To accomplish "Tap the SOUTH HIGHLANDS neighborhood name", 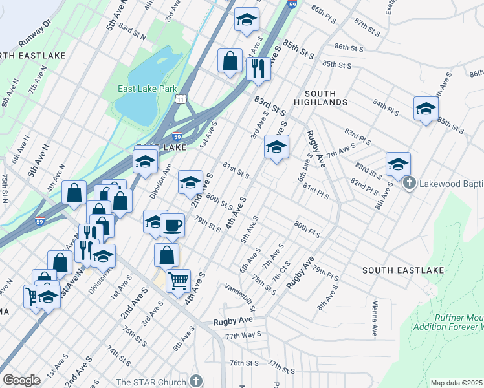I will [321, 97].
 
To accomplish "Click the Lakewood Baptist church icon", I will [409, 184].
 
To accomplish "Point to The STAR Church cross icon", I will [197, 382].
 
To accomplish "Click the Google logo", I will [21, 380].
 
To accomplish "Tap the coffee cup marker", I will [172, 225].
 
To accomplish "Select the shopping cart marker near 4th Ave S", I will [178, 281].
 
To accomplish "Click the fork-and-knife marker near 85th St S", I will [258, 68].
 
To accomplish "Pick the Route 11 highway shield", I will [182, 99].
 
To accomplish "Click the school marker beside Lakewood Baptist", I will [398, 164].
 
